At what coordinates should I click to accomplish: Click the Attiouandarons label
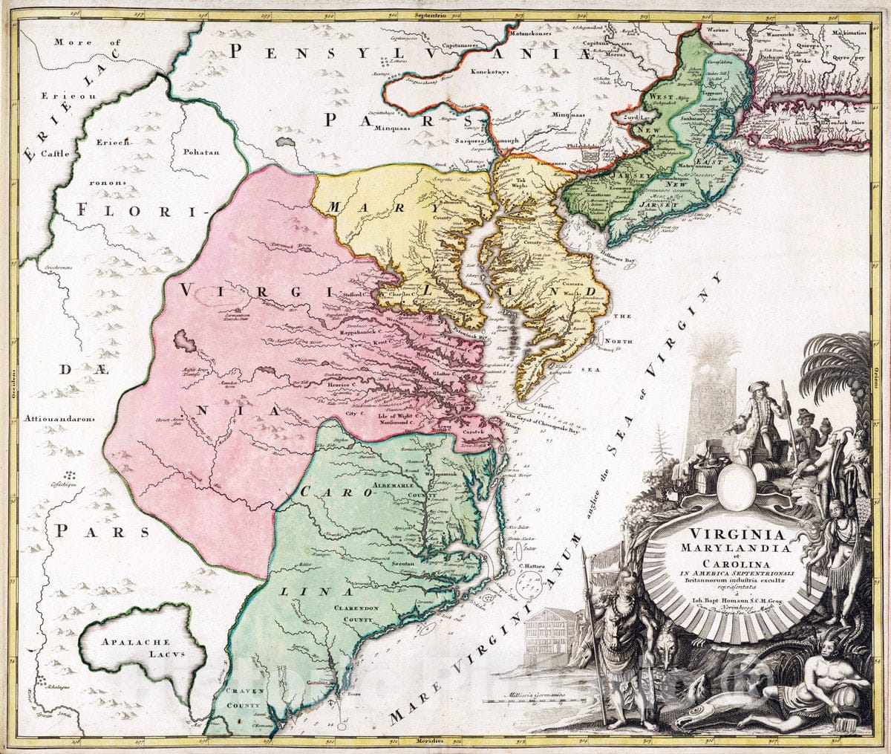59,418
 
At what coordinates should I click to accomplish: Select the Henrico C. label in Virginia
342,386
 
